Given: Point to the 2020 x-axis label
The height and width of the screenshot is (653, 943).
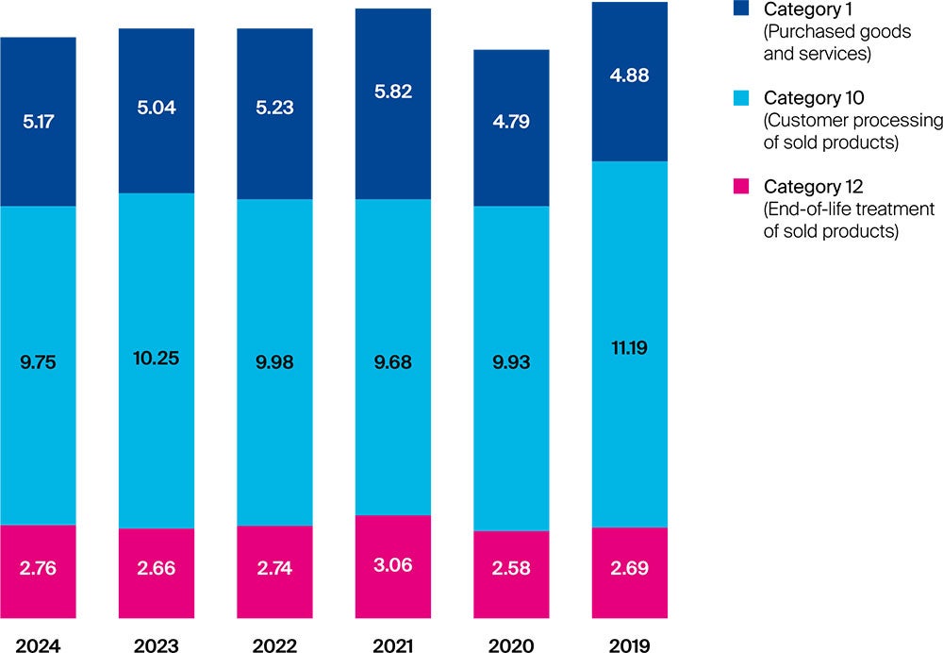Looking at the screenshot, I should [x=511, y=645].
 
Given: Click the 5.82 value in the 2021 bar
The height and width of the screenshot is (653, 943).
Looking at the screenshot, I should [x=393, y=92].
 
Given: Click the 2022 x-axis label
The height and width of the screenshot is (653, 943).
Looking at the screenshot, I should [x=274, y=645].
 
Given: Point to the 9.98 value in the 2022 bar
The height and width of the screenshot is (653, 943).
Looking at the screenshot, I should [x=274, y=363].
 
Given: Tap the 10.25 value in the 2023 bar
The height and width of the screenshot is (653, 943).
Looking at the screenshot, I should [x=157, y=359].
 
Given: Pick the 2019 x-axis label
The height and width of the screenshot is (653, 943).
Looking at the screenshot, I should [x=630, y=645].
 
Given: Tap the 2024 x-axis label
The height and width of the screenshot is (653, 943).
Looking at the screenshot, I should [x=38, y=645].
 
